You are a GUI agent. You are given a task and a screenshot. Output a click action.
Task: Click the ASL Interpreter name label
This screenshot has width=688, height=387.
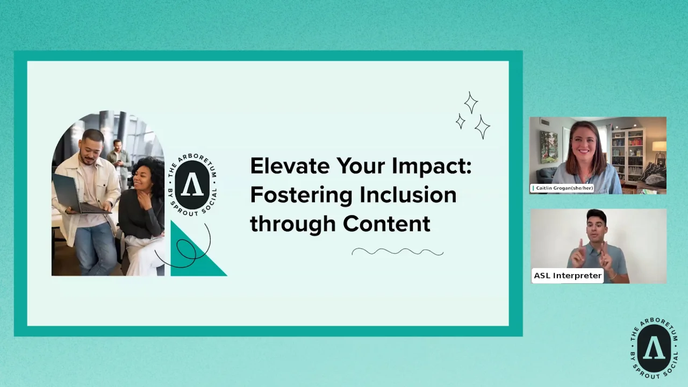pos(567,276)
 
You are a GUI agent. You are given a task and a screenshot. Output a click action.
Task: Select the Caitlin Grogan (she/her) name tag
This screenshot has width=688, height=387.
pos(563,188)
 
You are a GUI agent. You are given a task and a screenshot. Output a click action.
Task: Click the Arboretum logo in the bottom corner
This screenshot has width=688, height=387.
pos(654,348)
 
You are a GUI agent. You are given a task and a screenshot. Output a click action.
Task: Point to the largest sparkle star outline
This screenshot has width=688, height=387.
pos(482,127)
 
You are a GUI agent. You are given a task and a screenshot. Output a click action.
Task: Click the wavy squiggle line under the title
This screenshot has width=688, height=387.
pos(397,252)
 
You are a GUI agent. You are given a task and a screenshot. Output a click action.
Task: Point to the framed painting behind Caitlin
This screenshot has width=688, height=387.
pos(548,146)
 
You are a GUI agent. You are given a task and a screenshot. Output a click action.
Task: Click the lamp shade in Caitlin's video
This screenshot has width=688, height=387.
pos(659,146)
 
